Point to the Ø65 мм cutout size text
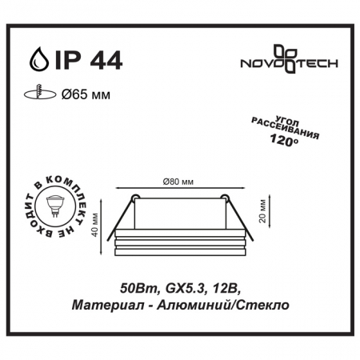[86, 94]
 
